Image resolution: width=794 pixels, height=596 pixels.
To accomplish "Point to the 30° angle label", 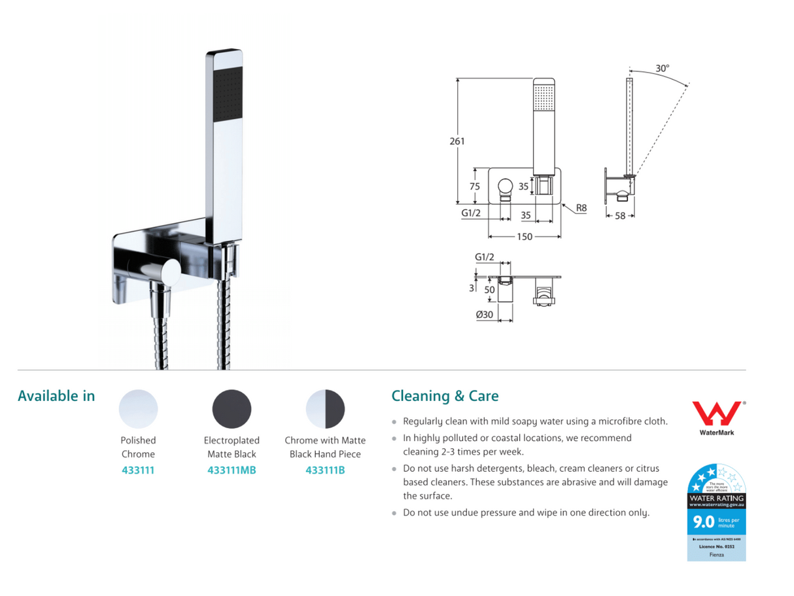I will (662, 68).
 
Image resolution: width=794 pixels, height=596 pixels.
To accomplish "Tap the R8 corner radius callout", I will (581, 209).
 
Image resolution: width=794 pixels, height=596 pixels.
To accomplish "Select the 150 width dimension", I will (525, 237).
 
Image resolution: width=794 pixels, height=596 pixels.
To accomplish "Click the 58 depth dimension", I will (620, 216).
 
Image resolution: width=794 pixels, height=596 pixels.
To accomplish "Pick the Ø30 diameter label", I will (485, 315).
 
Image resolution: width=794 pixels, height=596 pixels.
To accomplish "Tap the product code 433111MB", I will (232, 470).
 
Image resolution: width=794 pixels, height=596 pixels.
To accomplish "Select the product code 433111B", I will (325, 470).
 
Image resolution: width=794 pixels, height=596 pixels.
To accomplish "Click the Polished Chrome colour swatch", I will (138, 410).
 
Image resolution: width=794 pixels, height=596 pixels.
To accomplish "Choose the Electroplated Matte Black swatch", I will (232, 410).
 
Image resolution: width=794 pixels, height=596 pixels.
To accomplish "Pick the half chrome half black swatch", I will (325, 410).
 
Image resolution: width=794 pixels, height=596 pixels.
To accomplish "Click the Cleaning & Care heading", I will (445, 396).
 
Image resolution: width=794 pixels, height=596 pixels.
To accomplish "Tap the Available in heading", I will (56, 396).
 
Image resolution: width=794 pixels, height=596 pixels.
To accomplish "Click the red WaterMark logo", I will (716, 414).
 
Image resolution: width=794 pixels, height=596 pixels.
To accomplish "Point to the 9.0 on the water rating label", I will (703, 522).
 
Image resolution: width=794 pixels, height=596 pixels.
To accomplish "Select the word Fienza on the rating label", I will (716, 555).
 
